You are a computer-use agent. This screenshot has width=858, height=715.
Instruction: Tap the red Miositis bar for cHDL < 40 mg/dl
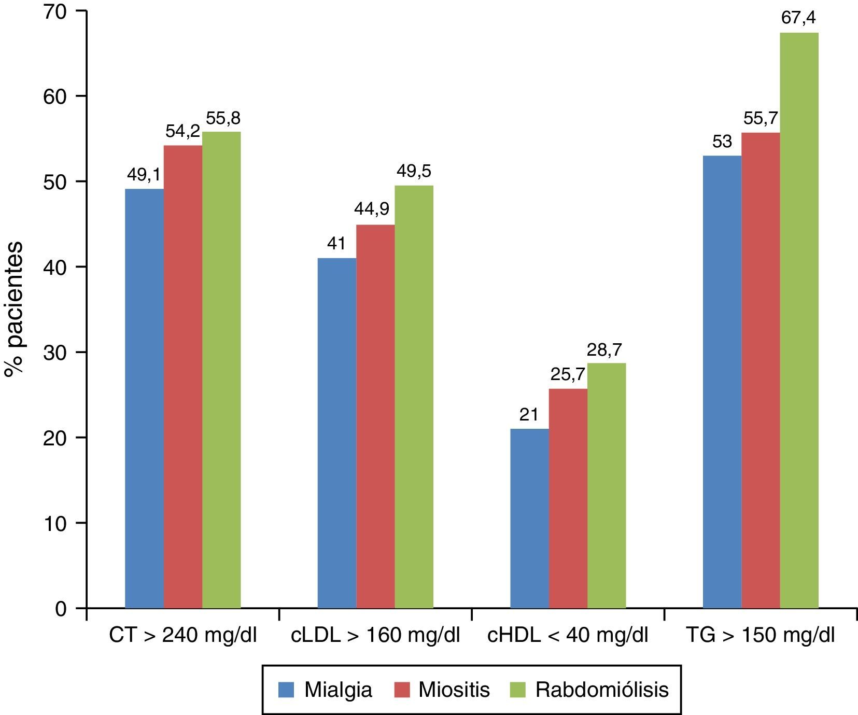point(568,498)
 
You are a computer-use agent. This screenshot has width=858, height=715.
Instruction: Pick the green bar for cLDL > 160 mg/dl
point(414,397)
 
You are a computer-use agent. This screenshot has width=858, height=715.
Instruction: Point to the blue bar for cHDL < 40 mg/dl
point(529,518)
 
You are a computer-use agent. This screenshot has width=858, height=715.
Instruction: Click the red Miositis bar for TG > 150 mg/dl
point(761,370)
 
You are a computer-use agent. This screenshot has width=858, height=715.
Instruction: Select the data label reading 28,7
point(607,350)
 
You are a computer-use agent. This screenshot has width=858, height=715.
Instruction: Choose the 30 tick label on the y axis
point(56,353)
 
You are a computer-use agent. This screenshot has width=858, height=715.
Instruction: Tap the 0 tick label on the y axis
point(61,608)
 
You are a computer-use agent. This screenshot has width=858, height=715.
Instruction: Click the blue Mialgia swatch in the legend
point(287,690)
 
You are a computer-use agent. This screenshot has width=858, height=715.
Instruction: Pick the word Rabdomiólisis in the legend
point(602,690)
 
